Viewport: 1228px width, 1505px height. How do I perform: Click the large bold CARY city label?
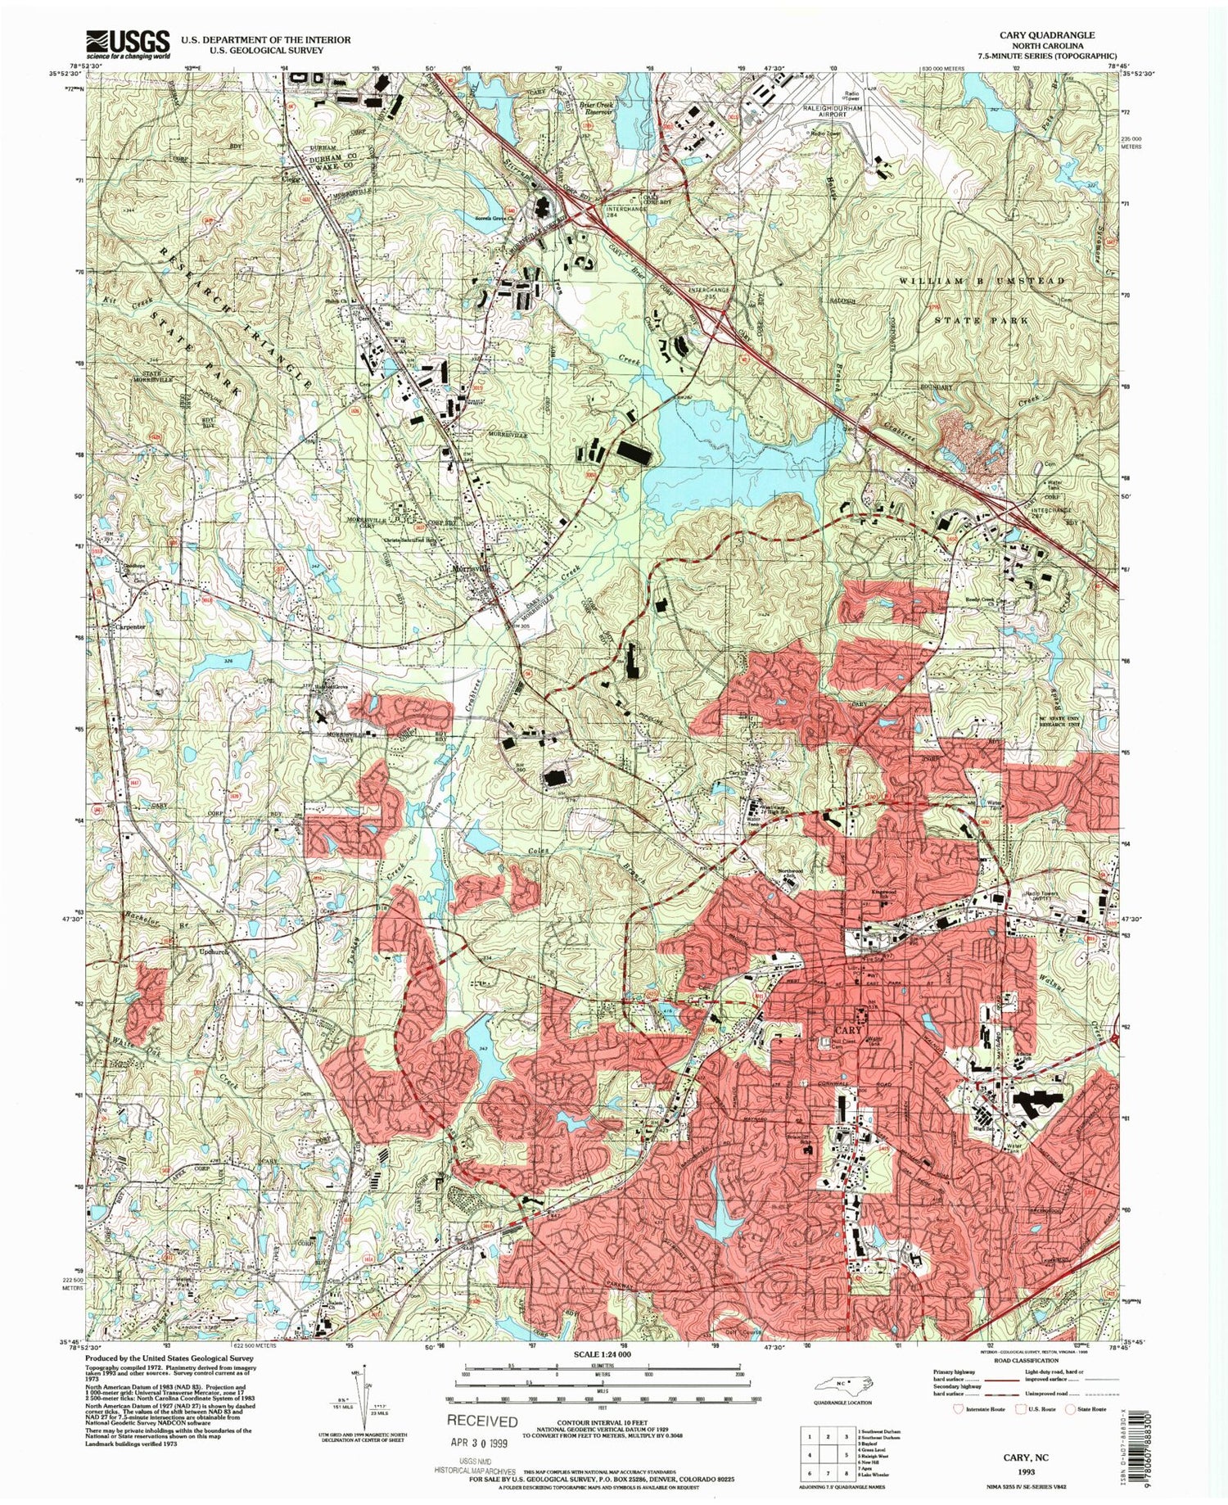(x=849, y=1029)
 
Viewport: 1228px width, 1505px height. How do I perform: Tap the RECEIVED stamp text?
(x=482, y=1421)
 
